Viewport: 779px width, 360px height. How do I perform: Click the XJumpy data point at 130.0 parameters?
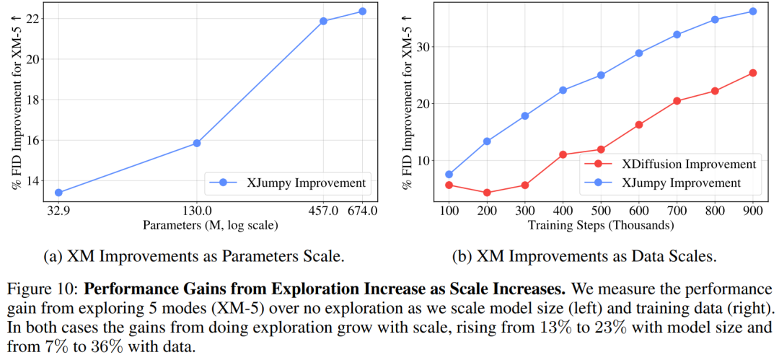coord(197,143)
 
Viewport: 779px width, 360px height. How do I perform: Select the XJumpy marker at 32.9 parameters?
coord(58,193)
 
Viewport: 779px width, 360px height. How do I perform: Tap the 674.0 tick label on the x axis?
coord(362,211)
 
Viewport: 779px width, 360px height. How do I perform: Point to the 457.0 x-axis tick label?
coord(323,211)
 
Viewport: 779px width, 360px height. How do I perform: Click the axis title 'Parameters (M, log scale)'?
coord(210,225)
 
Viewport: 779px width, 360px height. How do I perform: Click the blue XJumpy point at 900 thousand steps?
coord(752,12)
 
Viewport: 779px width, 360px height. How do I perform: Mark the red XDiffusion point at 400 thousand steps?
coord(563,154)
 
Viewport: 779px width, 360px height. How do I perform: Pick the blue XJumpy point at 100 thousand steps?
coord(449,174)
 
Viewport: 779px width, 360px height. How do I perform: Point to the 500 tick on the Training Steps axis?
coord(601,211)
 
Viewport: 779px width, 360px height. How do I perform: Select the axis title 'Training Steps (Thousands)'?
coord(601,225)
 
